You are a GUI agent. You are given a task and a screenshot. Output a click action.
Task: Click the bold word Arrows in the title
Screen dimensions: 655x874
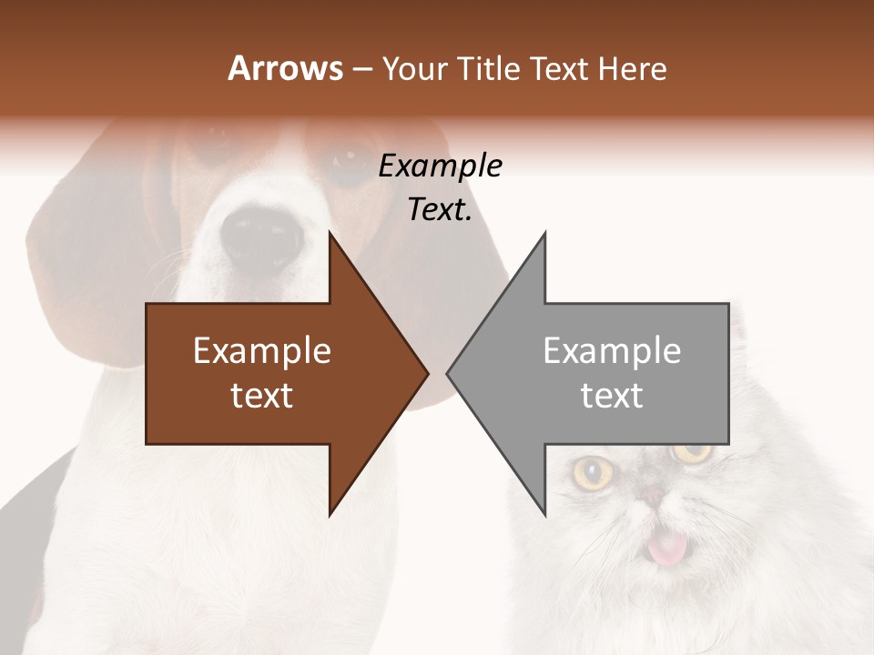[285, 68]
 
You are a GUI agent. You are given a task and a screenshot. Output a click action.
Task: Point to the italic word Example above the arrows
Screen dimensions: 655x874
[440, 166]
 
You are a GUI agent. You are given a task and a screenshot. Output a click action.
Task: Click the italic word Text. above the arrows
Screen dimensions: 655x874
[440, 210]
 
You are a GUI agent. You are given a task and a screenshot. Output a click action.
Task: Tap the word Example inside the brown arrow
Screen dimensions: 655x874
[262, 350]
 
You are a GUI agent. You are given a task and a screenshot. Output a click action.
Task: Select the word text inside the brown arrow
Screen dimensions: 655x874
[262, 396]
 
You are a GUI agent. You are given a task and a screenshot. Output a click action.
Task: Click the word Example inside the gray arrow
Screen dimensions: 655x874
[612, 350]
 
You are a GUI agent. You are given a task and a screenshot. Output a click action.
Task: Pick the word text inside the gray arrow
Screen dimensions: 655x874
[612, 396]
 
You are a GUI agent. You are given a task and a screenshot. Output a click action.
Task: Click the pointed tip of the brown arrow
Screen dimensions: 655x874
[426, 373]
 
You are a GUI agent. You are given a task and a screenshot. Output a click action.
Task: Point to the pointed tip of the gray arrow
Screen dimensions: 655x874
[449, 373]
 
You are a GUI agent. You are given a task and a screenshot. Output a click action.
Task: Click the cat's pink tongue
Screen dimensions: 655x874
[667, 549]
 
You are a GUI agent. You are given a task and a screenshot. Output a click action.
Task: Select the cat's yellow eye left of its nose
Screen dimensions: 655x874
[594, 471]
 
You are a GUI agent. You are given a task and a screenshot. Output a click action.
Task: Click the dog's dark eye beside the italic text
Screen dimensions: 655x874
[349, 164]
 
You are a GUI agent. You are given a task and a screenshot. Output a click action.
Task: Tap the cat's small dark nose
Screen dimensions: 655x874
[654, 496]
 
